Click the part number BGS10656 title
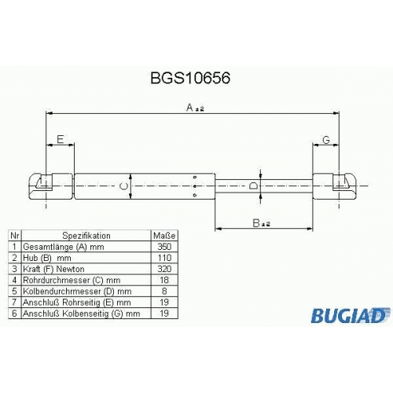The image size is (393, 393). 190,78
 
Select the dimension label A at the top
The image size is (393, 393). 195,108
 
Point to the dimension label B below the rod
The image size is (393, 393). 261,223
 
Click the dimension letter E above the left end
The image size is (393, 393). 61,139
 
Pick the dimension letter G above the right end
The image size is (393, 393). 326,140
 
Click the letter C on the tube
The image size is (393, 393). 123,186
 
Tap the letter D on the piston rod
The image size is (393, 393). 253,186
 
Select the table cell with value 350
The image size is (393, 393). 164,247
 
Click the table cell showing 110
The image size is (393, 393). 164,258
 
